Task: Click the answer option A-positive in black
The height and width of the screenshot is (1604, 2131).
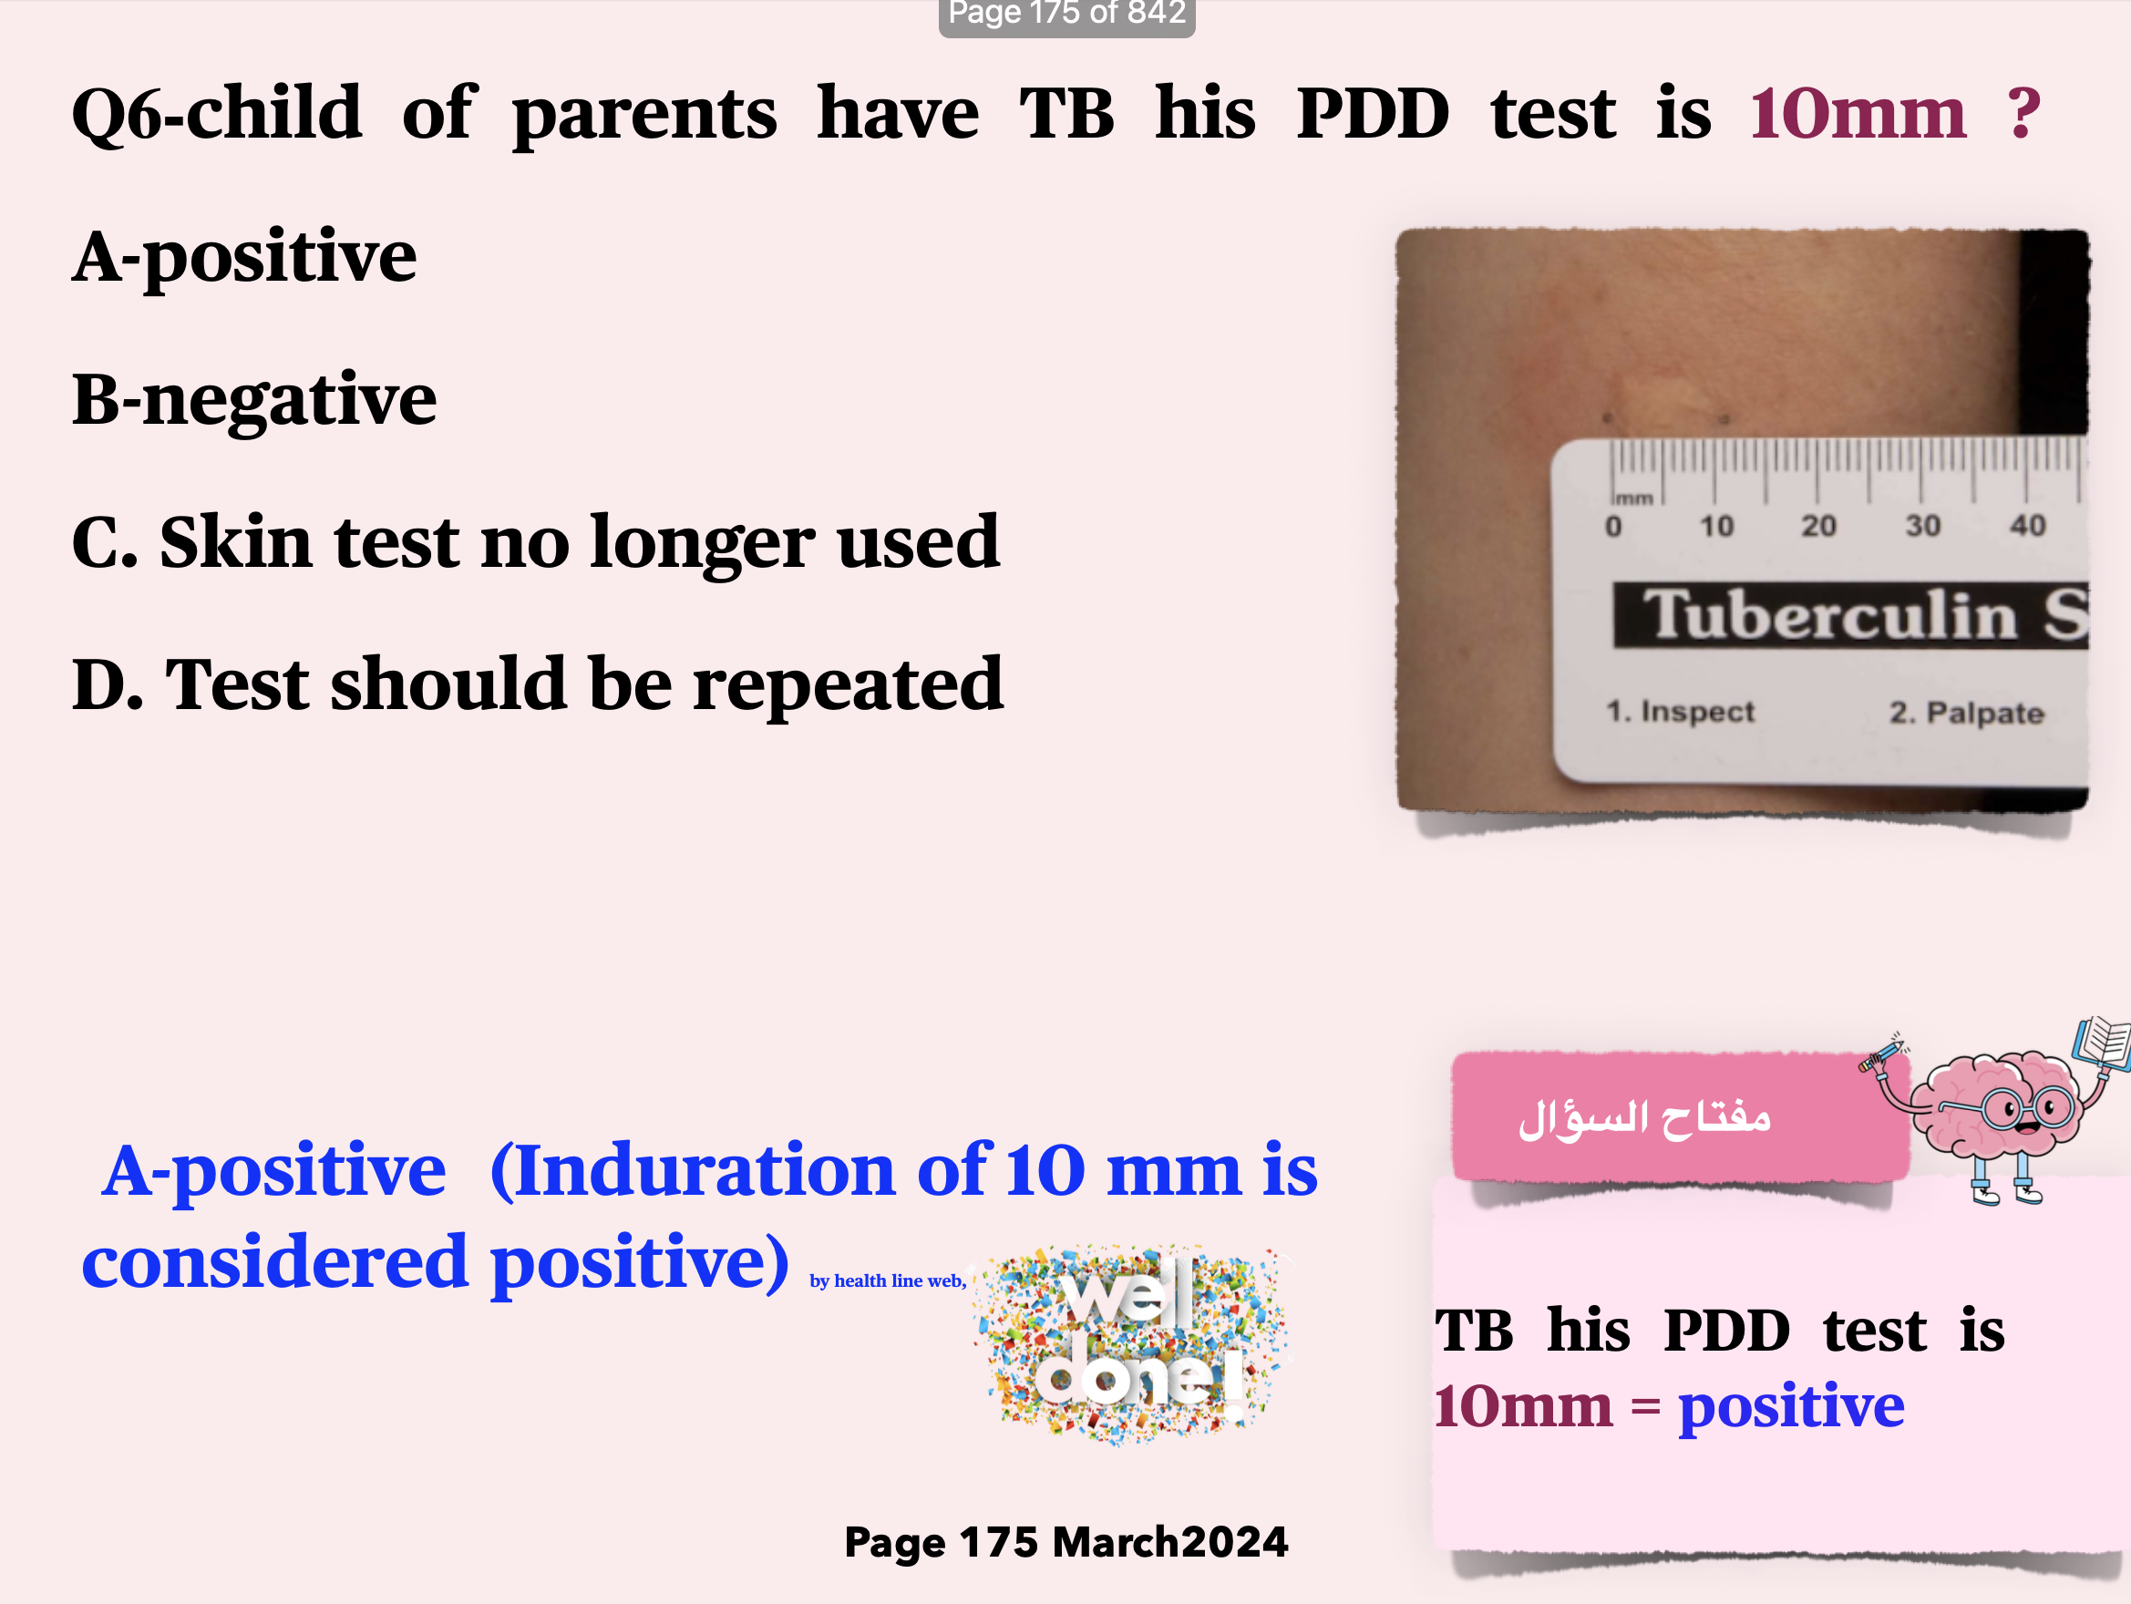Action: coord(244,258)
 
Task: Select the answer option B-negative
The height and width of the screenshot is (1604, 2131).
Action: coord(254,400)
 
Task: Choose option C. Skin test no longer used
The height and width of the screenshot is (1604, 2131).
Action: coord(536,542)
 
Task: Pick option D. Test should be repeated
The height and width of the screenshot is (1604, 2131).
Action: coord(538,685)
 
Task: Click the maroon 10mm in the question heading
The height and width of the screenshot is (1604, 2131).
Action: coord(1858,114)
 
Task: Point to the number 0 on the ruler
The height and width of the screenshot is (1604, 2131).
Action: coord(1613,527)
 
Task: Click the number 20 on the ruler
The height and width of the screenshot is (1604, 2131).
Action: coord(1819,526)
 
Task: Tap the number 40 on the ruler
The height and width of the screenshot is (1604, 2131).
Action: coord(2028,525)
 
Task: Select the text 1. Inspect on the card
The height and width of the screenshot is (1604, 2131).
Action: coord(1680,712)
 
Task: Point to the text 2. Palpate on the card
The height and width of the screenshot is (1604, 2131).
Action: coord(1966,713)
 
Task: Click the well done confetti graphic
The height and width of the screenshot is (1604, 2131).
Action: coord(1133,1343)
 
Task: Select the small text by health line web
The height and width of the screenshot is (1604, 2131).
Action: coord(887,1280)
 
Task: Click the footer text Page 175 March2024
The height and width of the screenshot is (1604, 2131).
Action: coord(1065,1542)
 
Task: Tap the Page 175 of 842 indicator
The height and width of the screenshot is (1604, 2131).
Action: coord(1066,15)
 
